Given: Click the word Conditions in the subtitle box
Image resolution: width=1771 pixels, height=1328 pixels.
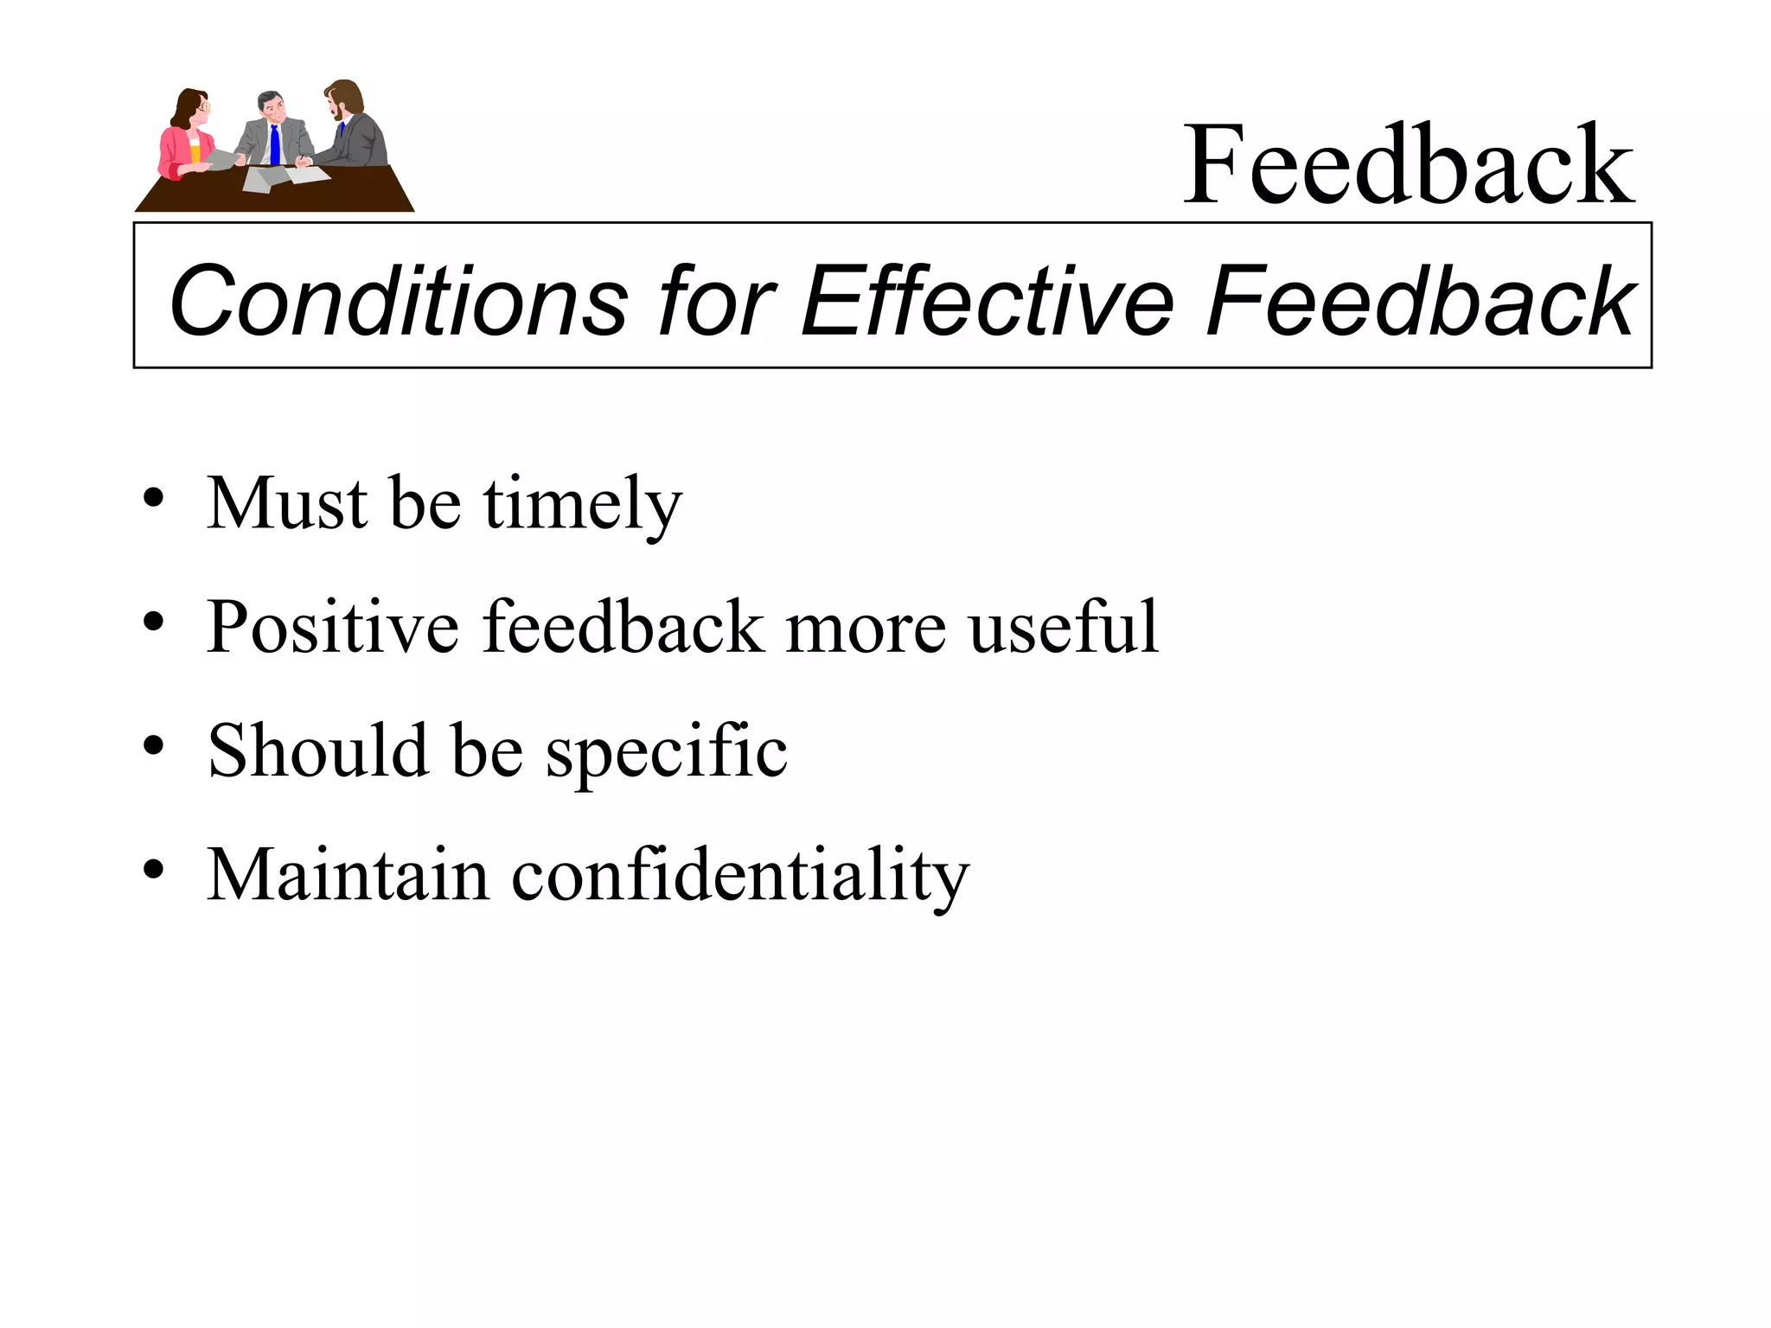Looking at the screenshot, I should [399, 300].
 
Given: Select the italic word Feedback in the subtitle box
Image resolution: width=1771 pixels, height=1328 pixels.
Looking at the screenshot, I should [1419, 300].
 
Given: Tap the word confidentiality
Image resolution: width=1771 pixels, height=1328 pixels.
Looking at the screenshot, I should [740, 875].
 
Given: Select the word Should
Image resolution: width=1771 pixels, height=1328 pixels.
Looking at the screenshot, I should [318, 750].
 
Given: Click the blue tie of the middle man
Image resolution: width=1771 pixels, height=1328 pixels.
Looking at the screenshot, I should [274, 144].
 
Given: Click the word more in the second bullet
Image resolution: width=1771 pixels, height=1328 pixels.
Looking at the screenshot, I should [866, 629].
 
